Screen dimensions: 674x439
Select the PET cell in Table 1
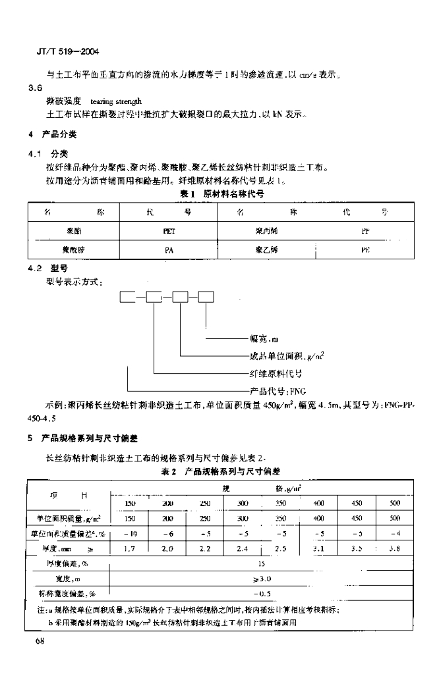[x=169, y=232]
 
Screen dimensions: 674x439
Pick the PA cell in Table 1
[x=169, y=250]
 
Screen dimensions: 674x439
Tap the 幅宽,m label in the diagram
[x=266, y=340]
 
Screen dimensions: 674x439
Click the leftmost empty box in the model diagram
[x=127, y=297]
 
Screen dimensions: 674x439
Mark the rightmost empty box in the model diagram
[x=206, y=297]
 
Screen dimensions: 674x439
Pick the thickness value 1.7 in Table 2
[x=129, y=548]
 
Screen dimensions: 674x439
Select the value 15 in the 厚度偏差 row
[x=262, y=563]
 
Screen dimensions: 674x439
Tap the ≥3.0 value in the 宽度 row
[x=262, y=579]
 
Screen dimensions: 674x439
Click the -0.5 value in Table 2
[x=262, y=594]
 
